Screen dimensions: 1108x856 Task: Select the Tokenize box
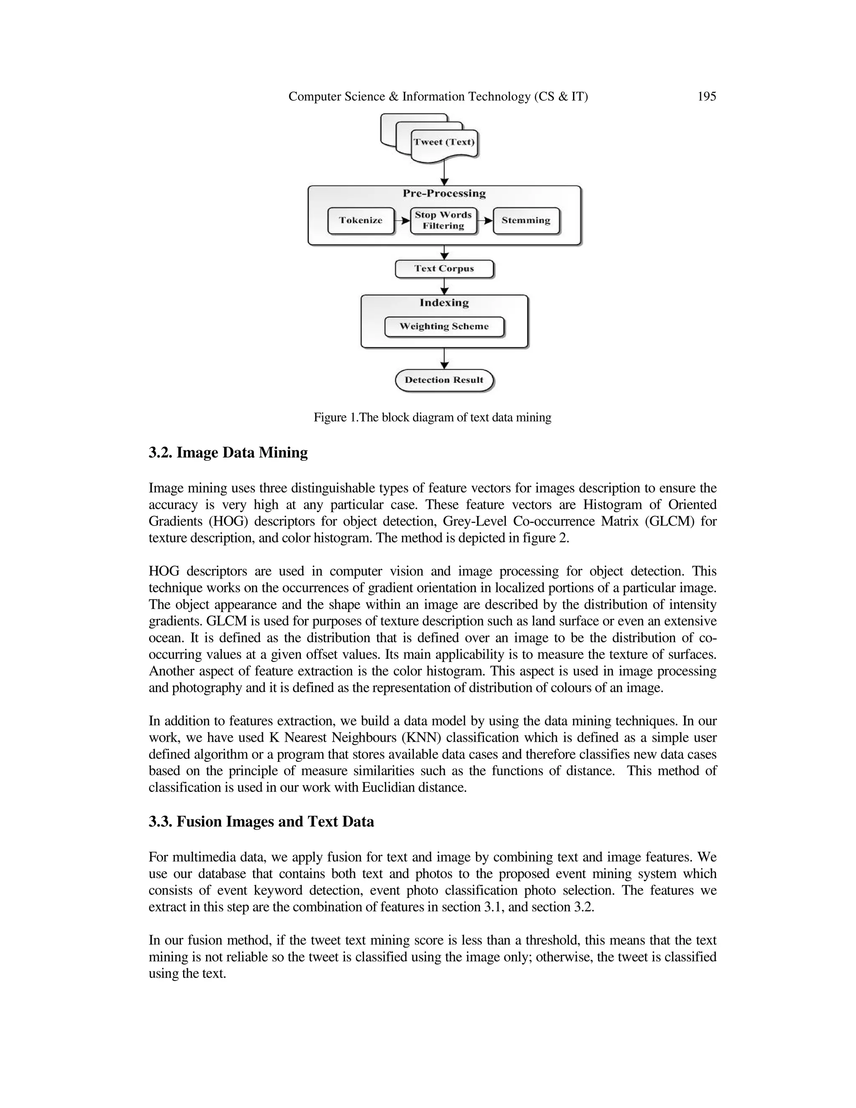coord(361,220)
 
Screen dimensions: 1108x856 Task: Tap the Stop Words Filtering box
coord(443,220)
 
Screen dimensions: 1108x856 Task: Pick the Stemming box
coord(526,220)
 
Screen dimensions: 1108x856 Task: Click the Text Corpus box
coord(444,268)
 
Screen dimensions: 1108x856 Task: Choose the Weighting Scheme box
coord(444,326)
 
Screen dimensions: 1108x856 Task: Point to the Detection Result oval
coord(444,380)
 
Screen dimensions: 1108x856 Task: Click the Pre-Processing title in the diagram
coord(444,193)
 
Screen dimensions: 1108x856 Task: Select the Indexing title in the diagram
coord(444,303)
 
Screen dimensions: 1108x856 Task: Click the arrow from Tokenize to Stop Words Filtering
coord(403,221)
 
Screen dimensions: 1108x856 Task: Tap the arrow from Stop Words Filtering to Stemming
coord(485,221)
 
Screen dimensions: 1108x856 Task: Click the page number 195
coord(706,97)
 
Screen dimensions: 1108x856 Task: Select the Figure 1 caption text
coord(432,418)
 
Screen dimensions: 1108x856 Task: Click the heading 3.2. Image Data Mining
coord(228,452)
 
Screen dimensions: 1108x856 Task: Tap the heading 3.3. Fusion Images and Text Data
coord(261,821)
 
